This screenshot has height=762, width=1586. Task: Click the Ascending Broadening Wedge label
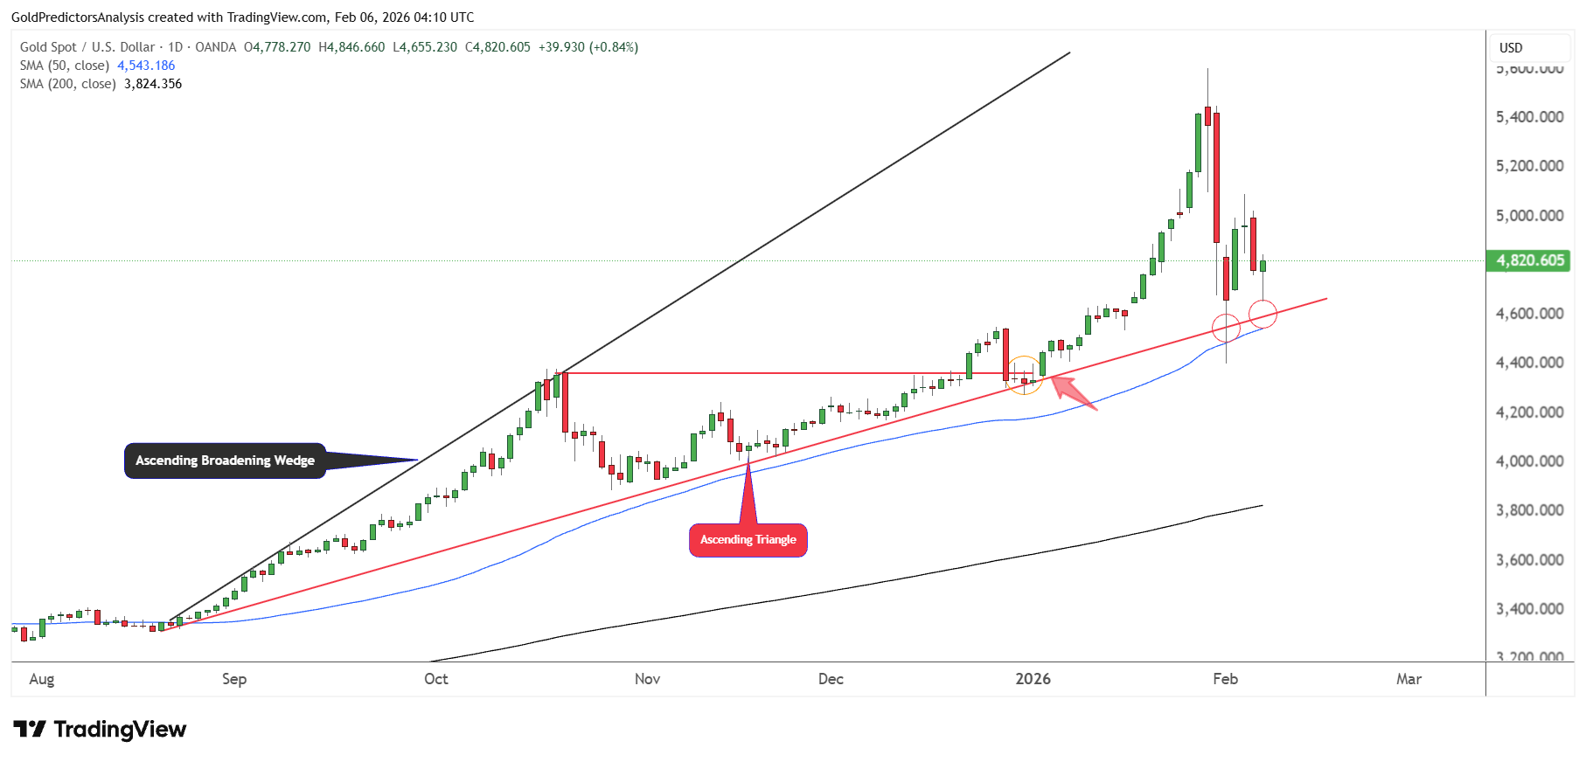pos(225,461)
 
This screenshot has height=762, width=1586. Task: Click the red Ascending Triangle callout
pos(748,540)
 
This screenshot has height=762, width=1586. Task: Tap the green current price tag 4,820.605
pos(1528,260)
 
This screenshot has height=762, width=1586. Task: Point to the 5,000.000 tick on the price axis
pos(1529,216)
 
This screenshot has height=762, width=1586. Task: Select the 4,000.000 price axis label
pos(1529,461)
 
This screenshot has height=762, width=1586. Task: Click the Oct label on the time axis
pos(435,679)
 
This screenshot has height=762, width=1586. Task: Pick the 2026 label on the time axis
pos(1033,679)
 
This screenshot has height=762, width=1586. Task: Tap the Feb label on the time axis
pos(1225,679)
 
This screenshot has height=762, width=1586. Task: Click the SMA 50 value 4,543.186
pos(146,66)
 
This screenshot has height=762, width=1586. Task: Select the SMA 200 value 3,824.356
pos(153,84)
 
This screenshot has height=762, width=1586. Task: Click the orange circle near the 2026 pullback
pos(1024,375)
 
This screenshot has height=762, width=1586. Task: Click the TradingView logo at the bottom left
pos(100,730)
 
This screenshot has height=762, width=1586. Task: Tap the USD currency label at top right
pos(1511,48)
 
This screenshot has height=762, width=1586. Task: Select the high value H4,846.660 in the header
pos(351,47)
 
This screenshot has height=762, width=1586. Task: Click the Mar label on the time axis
pos(1409,679)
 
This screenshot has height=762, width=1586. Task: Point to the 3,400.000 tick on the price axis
pos(1529,609)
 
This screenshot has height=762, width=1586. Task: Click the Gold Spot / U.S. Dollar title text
pos(87,47)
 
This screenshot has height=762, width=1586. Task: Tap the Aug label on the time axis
pos(41,679)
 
